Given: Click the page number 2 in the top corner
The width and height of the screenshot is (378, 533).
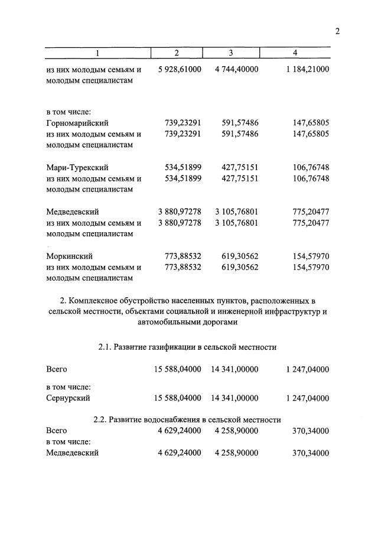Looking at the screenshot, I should click(x=337, y=32).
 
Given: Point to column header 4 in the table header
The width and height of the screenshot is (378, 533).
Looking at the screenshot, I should click(x=295, y=54).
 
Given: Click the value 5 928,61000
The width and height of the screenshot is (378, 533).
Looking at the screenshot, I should click(x=180, y=69).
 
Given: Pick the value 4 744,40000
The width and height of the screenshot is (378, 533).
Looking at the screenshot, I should click(x=236, y=69).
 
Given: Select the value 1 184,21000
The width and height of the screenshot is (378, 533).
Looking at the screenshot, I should click(x=307, y=69).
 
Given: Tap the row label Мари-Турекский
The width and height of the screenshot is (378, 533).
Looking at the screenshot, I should click(x=77, y=168).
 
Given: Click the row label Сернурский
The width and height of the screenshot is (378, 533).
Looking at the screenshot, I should click(x=68, y=398).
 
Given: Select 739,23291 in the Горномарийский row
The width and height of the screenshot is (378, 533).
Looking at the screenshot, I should click(x=183, y=123).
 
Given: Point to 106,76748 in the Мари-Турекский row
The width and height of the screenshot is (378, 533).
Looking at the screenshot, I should click(x=311, y=168).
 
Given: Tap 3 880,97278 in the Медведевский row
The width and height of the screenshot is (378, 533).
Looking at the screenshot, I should click(x=180, y=212).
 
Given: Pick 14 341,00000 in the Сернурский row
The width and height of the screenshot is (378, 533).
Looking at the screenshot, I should click(x=234, y=398).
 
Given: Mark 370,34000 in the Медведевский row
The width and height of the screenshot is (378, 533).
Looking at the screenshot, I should click(x=311, y=453).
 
